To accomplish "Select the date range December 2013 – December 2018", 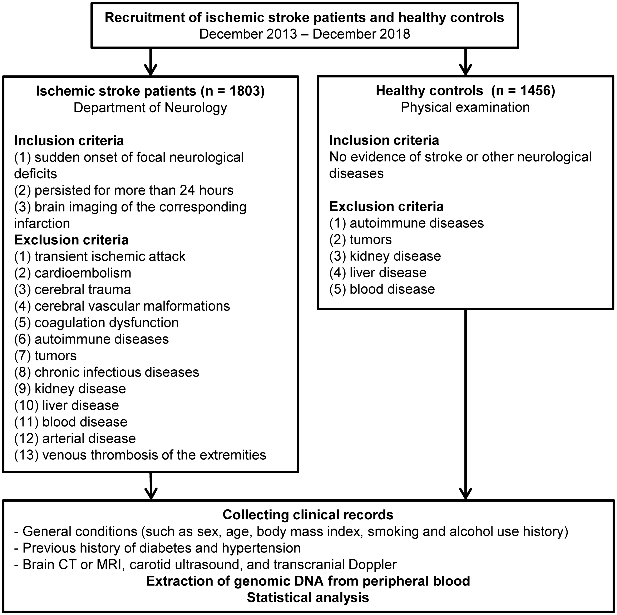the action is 305,34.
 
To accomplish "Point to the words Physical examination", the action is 465,107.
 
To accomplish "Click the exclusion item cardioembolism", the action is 73,273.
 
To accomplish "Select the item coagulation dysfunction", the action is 97,323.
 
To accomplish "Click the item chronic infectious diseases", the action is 107,372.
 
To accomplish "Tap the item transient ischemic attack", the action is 100,256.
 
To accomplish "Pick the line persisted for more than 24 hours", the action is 124,190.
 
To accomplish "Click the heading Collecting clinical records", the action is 308,515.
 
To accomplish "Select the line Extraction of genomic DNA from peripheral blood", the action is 308,581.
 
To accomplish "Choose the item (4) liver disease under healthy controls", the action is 378,272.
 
